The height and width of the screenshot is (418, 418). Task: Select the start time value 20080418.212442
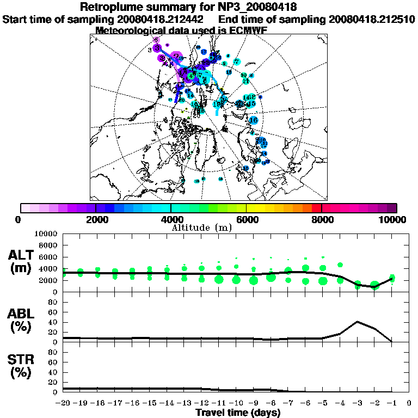163,19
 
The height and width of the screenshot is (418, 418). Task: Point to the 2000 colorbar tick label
96,219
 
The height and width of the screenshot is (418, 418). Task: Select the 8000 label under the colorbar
322,219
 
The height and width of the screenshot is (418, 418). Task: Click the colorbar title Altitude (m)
208,227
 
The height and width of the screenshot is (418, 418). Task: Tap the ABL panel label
23,314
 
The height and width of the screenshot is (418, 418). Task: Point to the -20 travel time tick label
64,404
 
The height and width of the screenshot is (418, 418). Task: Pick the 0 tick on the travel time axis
409,404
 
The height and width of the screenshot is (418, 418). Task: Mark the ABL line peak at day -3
357,322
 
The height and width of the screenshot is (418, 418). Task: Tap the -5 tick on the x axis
323,404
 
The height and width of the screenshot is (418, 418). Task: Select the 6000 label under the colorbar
246,219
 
